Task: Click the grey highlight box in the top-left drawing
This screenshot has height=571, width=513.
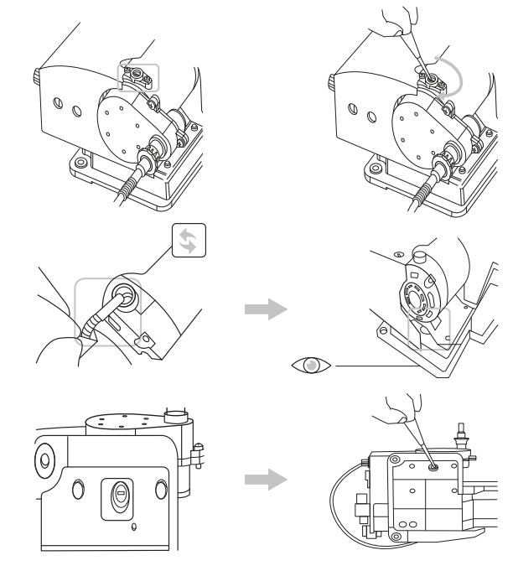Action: (x=137, y=75)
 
